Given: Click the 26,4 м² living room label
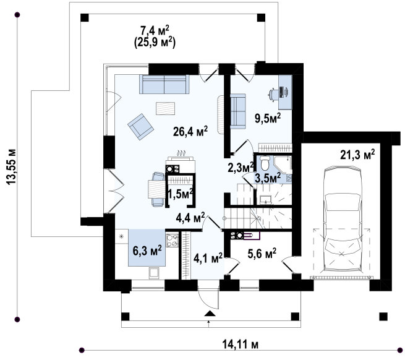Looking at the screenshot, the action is click(190, 131).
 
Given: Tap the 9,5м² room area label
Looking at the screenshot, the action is click(268, 118).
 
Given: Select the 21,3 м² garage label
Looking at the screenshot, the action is click(357, 155).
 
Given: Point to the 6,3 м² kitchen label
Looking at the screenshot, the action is click(147, 250).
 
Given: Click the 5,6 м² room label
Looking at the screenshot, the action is click(262, 254).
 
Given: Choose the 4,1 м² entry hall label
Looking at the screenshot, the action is click(208, 258).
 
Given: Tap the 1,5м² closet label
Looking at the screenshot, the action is click(181, 194).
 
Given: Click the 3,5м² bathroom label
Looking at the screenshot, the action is click(268, 178).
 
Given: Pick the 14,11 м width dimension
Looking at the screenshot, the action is click(240, 345).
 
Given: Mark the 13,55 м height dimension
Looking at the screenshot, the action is click(12, 166).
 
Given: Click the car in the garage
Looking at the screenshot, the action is click(342, 219).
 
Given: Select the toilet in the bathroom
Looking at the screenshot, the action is click(265, 163).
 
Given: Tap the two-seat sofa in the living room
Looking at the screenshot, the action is click(164, 84).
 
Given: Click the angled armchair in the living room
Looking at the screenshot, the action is click(140, 127).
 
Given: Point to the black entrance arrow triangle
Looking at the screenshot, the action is click(210, 314).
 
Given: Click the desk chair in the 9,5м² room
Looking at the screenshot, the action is click(273, 93).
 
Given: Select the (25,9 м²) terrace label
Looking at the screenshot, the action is click(155, 43).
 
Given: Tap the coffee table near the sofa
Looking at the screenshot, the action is click(165, 108).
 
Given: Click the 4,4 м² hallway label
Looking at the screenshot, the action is click(190, 218).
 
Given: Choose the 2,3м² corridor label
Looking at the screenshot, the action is click(240, 168).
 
